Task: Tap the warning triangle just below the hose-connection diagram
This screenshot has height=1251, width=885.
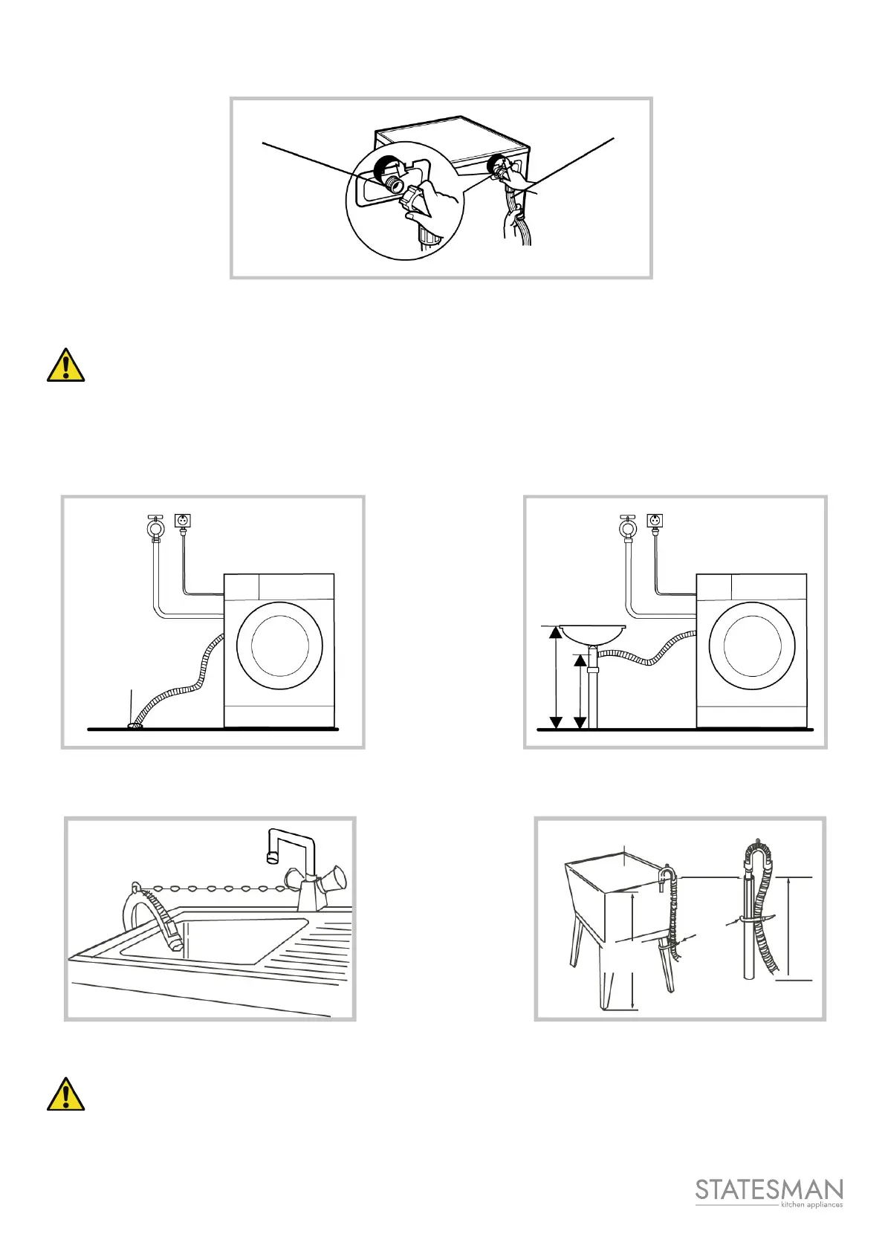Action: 65,365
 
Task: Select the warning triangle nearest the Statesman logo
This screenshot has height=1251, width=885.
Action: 65,1094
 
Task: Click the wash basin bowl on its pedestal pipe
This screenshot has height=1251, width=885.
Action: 592,634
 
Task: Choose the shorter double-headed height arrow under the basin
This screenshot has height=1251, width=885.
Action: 581,691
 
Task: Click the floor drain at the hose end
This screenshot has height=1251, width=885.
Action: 134,726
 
